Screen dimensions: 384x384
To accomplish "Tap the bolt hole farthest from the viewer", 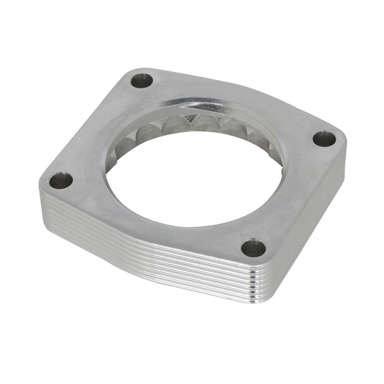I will (142, 81).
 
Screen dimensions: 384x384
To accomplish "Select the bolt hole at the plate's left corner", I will (60, 180).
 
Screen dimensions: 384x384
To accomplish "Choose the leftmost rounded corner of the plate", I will (44, 184).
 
